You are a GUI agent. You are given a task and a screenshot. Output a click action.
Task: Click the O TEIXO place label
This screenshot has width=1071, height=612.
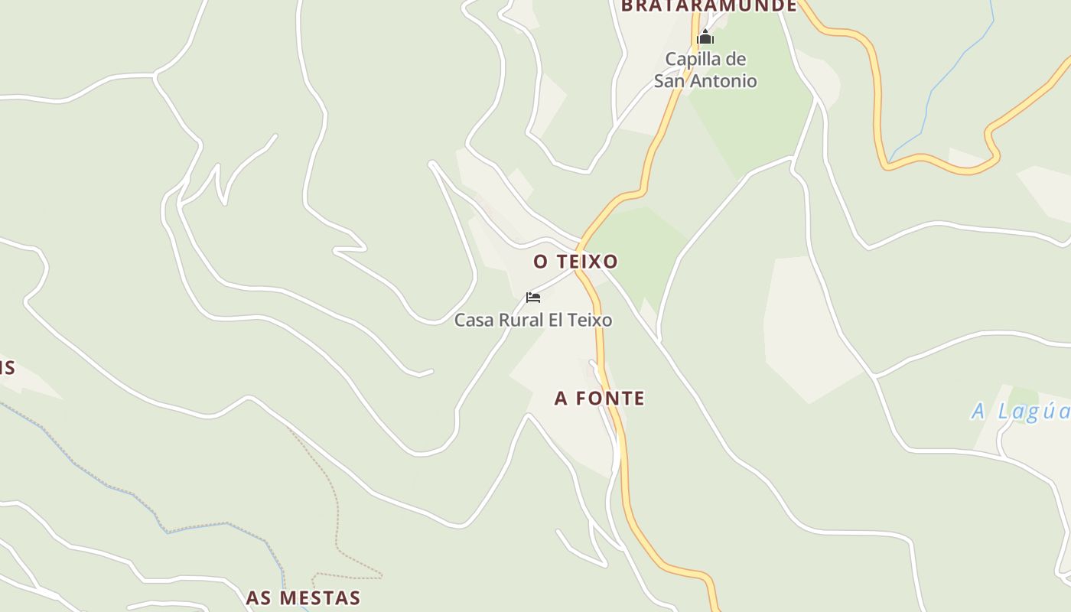(575, 262)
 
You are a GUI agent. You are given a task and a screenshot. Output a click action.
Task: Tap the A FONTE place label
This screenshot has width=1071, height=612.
(600, 399)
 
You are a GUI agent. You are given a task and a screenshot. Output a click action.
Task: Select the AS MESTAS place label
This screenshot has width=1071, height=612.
(303, 597)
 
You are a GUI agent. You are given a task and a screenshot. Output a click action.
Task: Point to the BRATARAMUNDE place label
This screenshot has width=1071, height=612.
(709, 7)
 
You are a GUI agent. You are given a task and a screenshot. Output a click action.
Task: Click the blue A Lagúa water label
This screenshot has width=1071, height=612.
(1021, 412)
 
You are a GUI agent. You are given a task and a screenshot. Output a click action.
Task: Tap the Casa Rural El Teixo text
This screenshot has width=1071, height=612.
(533, 320)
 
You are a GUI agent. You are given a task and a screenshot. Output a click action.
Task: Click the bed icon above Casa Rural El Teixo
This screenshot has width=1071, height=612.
(533, 298)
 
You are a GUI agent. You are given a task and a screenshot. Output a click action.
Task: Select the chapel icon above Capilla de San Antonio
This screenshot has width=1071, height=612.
(705, 37)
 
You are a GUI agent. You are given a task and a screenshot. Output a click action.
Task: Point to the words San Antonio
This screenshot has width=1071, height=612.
(705, 80)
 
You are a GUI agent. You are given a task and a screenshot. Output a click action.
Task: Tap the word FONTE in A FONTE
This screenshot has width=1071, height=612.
(610, 399)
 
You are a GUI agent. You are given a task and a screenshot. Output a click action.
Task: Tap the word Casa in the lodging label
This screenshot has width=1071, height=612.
(474, 320)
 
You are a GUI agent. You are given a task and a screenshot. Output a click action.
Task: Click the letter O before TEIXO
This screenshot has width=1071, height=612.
(541, 262)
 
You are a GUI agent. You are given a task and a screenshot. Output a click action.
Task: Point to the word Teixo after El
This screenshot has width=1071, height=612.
(590, 320)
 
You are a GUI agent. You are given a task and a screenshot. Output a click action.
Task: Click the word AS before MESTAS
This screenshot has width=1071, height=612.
(258, 597)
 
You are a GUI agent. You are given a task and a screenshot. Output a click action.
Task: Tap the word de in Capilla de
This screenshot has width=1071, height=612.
(737, 59)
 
